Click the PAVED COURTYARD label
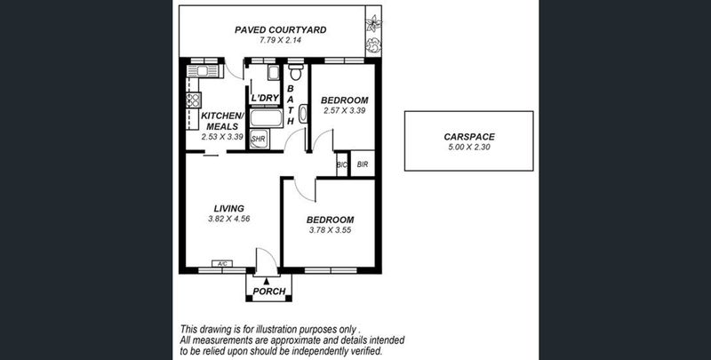(x=280, y=30)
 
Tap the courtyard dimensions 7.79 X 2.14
(x=281, y=40)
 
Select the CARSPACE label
(x=469, y=137)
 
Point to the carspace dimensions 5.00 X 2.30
(x=469, y=147)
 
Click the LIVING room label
(x=229, y=209)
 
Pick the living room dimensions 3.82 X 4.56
(x=229, y=219)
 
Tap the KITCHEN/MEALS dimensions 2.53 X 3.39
(x=222, y=136)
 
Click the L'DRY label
(x=265, y=98)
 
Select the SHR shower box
(x=260, y=140)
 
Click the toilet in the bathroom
(x=296, y=72)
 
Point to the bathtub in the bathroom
(x=266, y=118)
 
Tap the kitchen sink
(x=203, y=71)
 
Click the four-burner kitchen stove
(x=194, y=100)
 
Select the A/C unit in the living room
(x=222, y=263)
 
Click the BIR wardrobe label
(x=363, y=164)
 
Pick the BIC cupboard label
(x=342, y=165)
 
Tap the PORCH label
(x=269, y=291)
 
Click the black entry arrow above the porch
(x=266, y=282)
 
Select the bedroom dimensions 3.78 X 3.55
(x=330, y=230)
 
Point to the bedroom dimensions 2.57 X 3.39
(x=344, y=110)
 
